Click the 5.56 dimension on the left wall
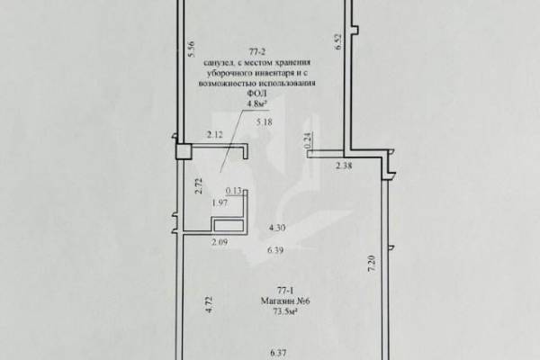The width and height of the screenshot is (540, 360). pyautogui.click(x=192, y=49)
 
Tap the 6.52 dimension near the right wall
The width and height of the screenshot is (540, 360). pyautogui.click(x=338, y=41)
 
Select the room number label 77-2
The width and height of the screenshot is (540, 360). pyautogui.click(x=257, y=52)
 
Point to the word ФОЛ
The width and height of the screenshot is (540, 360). pyautogui.click(x=257, y=93)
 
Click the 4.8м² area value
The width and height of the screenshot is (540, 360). pyautogui.click(x=256, y=103)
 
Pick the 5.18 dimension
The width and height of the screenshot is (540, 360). pyautogui.click(x=264, y=122)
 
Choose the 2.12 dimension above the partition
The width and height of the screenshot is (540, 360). pyautogui.click(x=214, y=135)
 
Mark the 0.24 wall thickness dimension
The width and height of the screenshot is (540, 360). pyautogui.click(x=309, y=141)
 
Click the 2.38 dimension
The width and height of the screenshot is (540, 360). pyautogui.click(x=344, y=166)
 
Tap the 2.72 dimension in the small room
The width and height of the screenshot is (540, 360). pyautogui.click(x=199, y=186)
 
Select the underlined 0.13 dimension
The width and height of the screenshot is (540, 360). pyautogui.click(x=234, y=191)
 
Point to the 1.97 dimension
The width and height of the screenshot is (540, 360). pyautogui.click(x=220, y=203)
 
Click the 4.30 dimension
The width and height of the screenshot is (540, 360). pyautogui.click(x=277, y=228)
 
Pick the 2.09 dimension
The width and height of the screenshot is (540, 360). pyautogui.click(x=220, y=242)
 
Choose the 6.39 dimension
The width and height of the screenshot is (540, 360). pyautogui.click(x=275, y=250)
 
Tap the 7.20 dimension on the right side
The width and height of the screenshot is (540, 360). pyautogui.click(x=372, y=265)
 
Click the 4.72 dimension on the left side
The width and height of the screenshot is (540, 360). pyautogui.click(x=211, y=305)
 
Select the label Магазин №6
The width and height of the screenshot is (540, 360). pyautogui.click(x=285, y=301)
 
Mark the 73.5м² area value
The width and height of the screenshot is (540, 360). pyautogui.click(x=285, y=311)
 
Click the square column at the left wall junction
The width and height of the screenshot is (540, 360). pyautogui.click(x=184, y=151)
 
